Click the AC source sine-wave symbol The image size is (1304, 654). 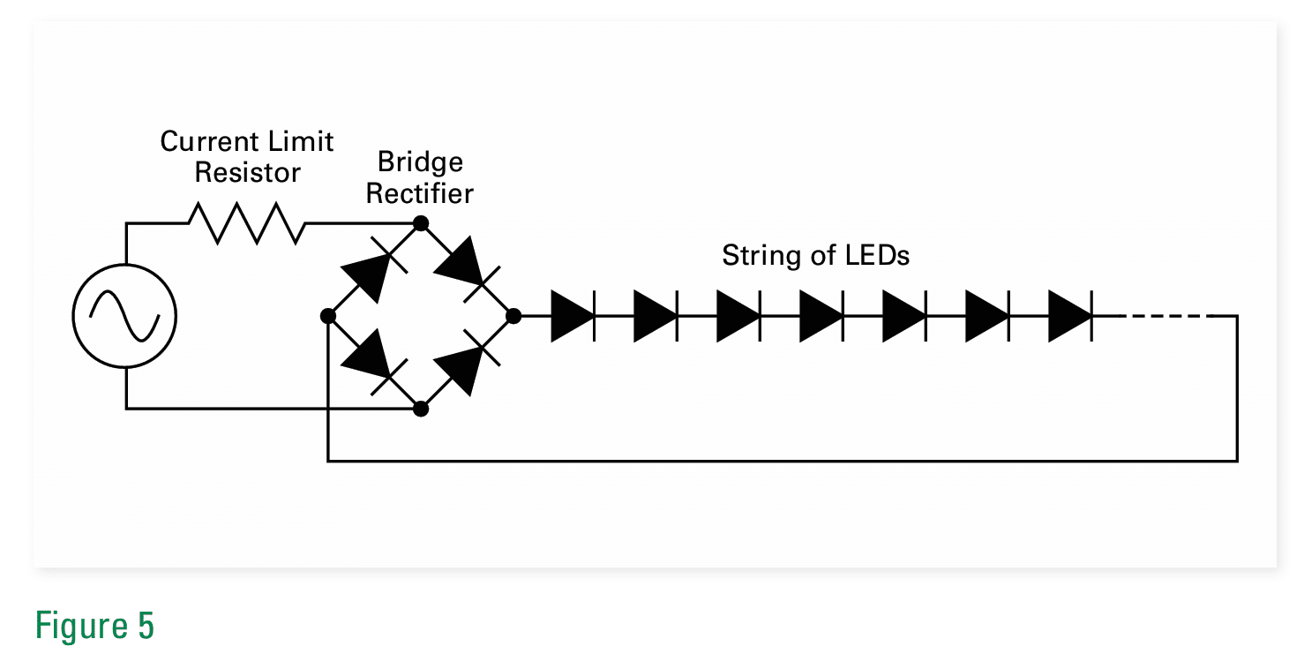pyautogui.click(x=124, y=316)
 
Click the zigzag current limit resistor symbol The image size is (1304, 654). pyautogui.click(x=246, y=222)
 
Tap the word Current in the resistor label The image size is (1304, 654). pyautogui.click(x=209, y=142)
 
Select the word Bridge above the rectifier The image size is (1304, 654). pyautogui.click(x=420, y=162)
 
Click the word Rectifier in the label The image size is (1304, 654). pyautogui.click(x=420, y=193)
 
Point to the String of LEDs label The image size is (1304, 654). pyautogui.click(x=815, y=256)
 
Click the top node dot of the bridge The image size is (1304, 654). pyautogui.click(x=421, y=222)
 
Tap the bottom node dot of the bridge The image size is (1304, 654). pyautogui.click(x=421, y=409)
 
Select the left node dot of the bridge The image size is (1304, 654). pyautogui.click(x=328, y=315)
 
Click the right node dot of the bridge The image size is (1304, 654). pyautogui.click(x=513, y=315)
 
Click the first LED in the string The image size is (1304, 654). pyautogui.click(x=573, y=315)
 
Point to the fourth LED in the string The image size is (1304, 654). pyautogui.click(x=821, y=315)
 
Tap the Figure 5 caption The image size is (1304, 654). pyautogui.click(x=94, y=626)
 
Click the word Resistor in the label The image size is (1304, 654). pyautogui.click(x=248, y=173)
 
